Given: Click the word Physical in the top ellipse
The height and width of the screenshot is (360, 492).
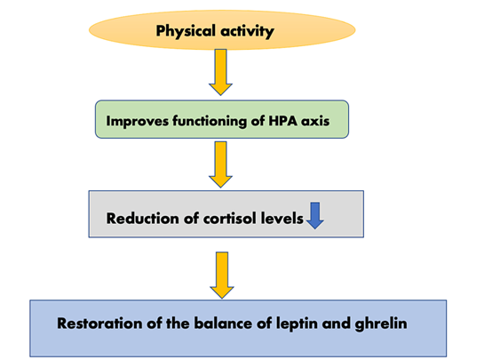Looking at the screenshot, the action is coord(186,31).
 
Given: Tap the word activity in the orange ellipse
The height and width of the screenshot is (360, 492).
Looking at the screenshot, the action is coord(247,31).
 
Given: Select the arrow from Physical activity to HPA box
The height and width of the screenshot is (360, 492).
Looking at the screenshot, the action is coord(220,72).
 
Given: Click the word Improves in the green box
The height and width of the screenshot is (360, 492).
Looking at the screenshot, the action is coord(137,121).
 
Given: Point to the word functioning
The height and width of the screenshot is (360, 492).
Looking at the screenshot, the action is coord(210,121).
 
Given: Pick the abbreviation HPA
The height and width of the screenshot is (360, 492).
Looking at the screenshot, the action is coord(283,121).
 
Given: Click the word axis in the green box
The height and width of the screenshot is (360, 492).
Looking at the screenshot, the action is coord(315,121).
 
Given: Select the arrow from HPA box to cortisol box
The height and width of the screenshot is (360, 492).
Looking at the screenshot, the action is coord(220,164).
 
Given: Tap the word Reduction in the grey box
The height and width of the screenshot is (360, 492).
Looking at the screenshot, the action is coord(143,219).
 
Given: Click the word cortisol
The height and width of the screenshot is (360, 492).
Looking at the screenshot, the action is coord(230,219).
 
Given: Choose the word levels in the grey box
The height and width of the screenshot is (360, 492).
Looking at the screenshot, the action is coord(282,219).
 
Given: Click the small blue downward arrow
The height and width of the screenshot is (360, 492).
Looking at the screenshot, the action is coord(315,215).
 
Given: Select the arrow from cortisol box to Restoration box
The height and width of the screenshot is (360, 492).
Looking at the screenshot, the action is coord(222,276).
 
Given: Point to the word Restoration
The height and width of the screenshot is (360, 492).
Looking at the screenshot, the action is coord(99,324).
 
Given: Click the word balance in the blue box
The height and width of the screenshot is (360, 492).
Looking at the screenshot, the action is coord(223,324).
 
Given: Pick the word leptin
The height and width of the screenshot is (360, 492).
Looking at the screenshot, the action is coord(297,324).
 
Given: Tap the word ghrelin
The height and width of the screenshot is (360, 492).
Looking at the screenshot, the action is coord(381,324).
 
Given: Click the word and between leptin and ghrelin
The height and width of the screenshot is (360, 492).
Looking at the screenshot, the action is coord(336,324).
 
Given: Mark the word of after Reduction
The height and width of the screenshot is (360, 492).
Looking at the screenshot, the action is coord(192,219).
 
